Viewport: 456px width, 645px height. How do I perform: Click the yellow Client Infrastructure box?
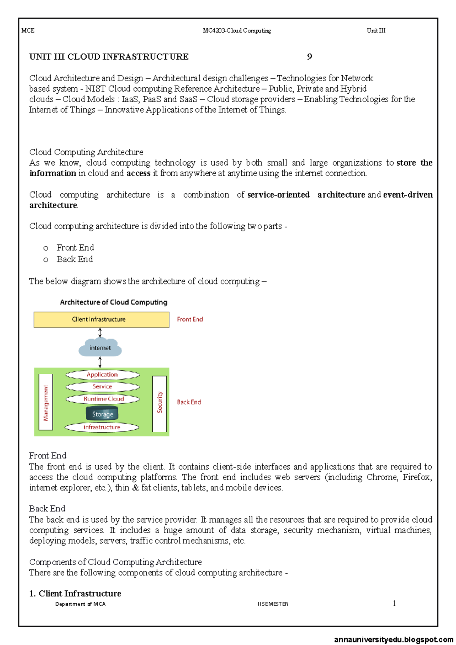click(x=101, y=319)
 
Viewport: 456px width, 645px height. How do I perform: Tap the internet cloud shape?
click(x=100, y=348)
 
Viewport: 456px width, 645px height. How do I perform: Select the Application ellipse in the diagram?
click(x=102, y=375)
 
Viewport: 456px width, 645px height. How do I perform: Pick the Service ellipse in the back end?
click(x=102, y=386)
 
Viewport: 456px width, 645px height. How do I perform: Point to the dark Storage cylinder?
click(x=102, y=414)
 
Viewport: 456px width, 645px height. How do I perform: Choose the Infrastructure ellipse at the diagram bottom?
click(x=101, y=427)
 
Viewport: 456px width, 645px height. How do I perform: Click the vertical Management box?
click(x=46, y=403)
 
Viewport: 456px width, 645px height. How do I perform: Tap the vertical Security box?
click(x=160, y=403)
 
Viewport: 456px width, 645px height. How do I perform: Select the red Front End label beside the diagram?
click(x=190, y=319)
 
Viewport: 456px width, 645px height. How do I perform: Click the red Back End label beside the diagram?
click(x=189, y=402)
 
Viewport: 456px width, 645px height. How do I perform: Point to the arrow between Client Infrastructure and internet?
click(x=100, y=333)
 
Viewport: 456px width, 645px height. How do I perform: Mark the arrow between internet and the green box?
click(x=100, y=362)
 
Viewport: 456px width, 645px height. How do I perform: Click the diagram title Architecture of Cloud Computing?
click(x=113, y=302)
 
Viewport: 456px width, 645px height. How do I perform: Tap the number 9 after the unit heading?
click(x=309, y=57)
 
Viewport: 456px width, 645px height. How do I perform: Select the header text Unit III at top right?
click(x=376, y=30)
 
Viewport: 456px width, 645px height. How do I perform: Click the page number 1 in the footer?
click(x=394, y=603)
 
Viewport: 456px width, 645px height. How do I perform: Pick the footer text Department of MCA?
click(x=80, y=604)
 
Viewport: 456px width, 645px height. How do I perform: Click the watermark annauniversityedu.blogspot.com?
click(x=394, y=640)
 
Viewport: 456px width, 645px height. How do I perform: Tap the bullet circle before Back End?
click(x=46, y=260)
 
